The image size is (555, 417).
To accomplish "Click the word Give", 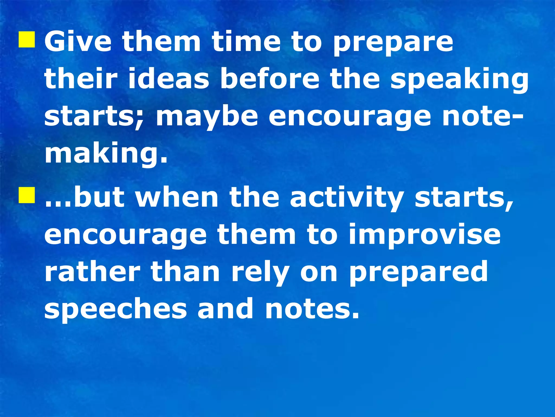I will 78,41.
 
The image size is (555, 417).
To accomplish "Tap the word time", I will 246,41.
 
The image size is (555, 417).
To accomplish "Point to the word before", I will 270,79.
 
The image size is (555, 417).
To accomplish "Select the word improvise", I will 424,235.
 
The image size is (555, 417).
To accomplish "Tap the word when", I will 177,197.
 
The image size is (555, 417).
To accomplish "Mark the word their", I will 81,79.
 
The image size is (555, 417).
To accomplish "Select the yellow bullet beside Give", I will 27,40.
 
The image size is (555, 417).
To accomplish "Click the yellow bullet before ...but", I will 27,195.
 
